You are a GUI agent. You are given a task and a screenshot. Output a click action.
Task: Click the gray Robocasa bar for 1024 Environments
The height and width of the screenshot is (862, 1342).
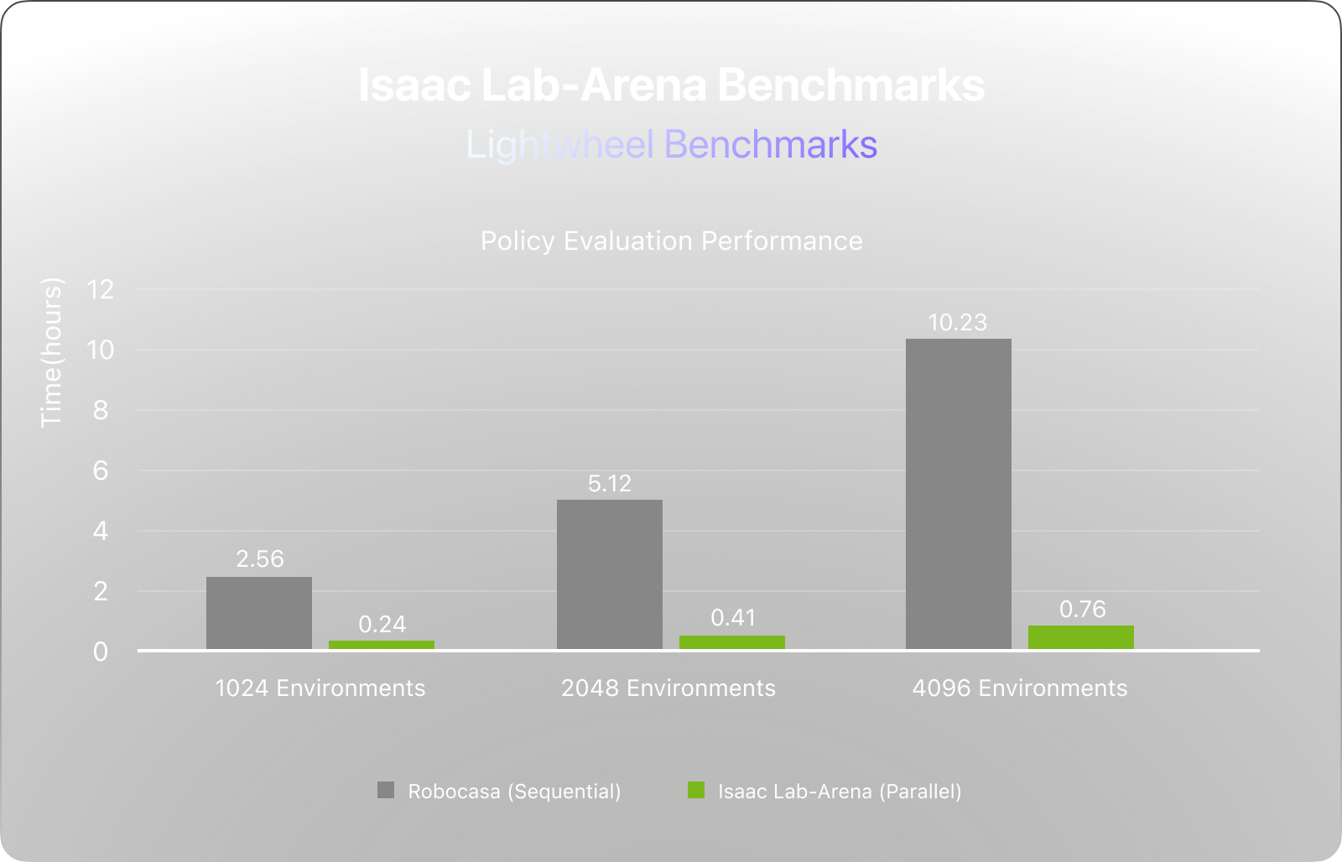click(x=259, y=613)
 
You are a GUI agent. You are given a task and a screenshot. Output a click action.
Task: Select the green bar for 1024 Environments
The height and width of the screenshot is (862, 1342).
click(x=382, y=645)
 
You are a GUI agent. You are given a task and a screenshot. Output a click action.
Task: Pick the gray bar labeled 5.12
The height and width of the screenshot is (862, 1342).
click(x=610, y=574)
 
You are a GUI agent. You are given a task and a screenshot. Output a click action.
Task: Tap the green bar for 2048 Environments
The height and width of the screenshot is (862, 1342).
click(x=732, y=642)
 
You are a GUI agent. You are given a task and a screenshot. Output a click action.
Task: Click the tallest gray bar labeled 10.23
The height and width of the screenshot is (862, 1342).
click(x=959, y=494)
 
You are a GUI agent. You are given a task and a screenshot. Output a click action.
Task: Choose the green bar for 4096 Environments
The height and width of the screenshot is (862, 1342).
click(x=1081, y=637)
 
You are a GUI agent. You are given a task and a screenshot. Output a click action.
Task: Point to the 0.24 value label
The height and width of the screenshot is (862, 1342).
click(x=382, y=625)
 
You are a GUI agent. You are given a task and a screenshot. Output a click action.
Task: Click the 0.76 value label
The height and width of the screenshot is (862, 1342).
click(x=1082, y=610)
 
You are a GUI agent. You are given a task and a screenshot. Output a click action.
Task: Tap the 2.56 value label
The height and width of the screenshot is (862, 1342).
click(x=260, y=559)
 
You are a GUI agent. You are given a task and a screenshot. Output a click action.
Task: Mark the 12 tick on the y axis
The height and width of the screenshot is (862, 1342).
click(x=101, y=290)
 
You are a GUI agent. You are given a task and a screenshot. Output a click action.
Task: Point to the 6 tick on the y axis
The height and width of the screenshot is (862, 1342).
click(x=101, y=471)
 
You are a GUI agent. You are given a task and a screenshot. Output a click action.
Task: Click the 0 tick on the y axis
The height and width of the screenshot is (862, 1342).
click(x=101, y=652)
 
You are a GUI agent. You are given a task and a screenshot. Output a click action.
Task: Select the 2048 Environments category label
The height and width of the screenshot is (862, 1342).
click(x=668, y=688)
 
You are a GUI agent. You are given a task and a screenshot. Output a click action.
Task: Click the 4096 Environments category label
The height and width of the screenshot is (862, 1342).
click(x=1020, y=688)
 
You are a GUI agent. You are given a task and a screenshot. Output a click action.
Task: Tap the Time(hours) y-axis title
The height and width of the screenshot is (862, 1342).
click(x=52, y=352)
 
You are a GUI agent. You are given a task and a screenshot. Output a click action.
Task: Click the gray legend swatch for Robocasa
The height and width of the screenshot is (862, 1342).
click(x=386, y=791)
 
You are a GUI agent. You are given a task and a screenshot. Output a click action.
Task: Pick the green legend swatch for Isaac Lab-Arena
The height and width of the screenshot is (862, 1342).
click(x=696, y=791)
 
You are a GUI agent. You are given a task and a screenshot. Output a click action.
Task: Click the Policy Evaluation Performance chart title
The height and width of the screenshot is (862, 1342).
click(x=671, y=241)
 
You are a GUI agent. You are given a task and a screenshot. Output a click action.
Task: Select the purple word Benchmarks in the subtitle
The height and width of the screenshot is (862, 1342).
click(x=771, y=145)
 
